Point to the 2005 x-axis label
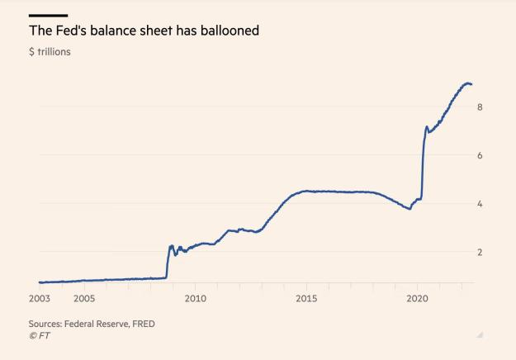coord(84,298)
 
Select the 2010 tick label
coord(195,298)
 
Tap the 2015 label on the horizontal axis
coord(306,298)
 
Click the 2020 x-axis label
coord(417,298)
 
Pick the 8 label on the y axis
coord(479,107)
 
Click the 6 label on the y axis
coord(479,155)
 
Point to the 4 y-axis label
coord(479,204)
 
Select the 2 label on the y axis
coord(479,252)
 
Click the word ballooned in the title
coord(226,31)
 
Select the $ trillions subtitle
coord(50,52)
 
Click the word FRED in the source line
coord(141,324)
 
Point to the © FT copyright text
coord(39,335)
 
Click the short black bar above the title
coord(48,15)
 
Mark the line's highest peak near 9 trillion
coord(467,83)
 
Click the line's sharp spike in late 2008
coord(171,245)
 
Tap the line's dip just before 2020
coord(409,209)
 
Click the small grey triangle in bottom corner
coord(480,334)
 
